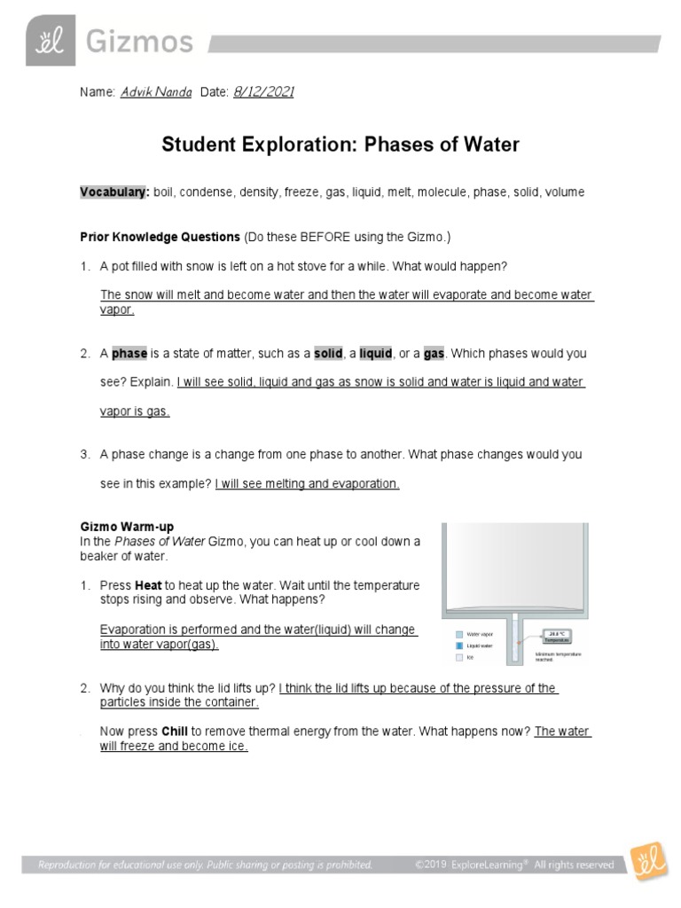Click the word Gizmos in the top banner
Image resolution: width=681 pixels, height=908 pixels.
pos(138,43)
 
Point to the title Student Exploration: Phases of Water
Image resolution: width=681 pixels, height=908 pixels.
pos(340,145)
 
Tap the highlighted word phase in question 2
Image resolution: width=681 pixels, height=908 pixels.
pos(129,353)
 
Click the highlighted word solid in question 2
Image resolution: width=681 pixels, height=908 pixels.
pos(328,353)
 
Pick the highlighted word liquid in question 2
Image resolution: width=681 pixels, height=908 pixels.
pos(375,353)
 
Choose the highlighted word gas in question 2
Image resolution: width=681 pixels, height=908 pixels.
pos(434,353)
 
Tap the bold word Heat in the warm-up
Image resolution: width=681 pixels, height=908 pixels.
pos(149,586)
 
